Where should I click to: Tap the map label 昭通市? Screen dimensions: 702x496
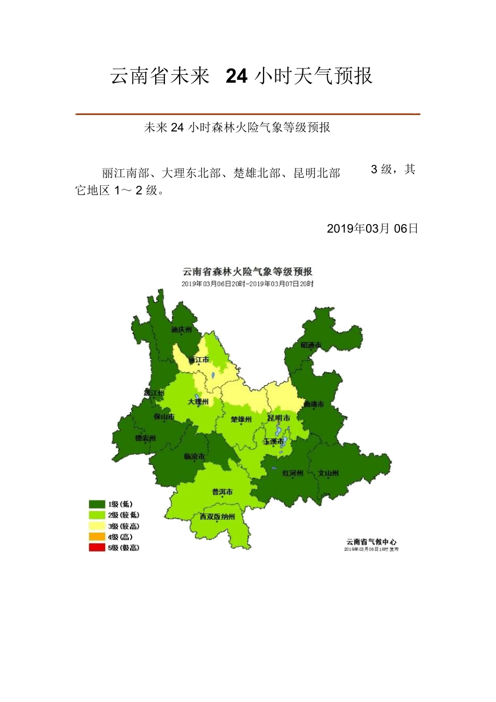pyautogui.click(x=311, y=345)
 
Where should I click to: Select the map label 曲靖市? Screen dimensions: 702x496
pyautogui.click(x=313, y=404)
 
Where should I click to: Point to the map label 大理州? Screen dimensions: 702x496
pyautogui.click(x=198, y=402)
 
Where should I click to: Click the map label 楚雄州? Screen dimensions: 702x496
pyautogui.click(x=241, y=419)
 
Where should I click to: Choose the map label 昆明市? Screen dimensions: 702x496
pyautogui.click(x=279, y=418)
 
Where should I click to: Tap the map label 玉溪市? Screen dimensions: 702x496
pyautogui.click(x=273, y=441)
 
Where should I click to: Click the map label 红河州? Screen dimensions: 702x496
pyautogui.click(x=293, y=474)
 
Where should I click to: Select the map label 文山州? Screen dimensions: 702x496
pyautogui.click(x=328, y=474)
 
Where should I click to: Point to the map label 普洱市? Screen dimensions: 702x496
pyautogui.click(x=222, y=492)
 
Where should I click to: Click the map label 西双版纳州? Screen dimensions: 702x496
pyautogui.click(x=218, y=517)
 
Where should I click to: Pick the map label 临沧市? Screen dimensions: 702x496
pyautogui.click(x=194, y=456)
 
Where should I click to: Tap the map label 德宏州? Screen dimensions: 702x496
pyautogui.click(x=145, y=439)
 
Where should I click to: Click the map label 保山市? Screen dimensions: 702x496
pyautogui.click(x=164, y=416)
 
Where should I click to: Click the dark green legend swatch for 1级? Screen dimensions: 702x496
pyautogui.click(x=97, y=504)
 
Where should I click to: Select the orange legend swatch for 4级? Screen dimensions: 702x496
pyautogui.click(x=97, y=537)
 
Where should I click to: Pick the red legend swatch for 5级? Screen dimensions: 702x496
pyautogui.click(x=97, y=547)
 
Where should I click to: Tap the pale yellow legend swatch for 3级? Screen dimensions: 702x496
pyautogui.click(x=97, y=526)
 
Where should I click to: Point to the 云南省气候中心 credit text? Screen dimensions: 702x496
pyautogui.click(x=371, y=541)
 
